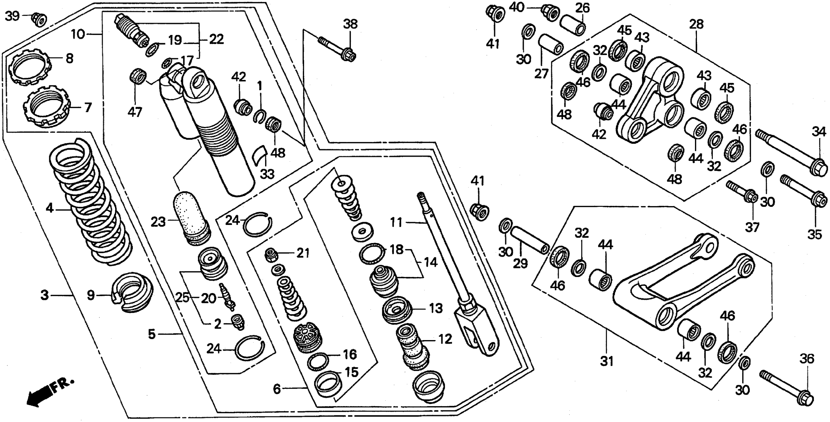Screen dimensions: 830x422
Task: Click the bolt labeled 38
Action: pos(337,50)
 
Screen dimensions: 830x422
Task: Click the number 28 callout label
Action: pos(697,24)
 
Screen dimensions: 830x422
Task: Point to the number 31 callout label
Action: pos(607,361)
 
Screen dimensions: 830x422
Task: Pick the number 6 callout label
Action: pos(277,389)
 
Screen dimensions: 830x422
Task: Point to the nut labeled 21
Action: pos(271,256)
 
